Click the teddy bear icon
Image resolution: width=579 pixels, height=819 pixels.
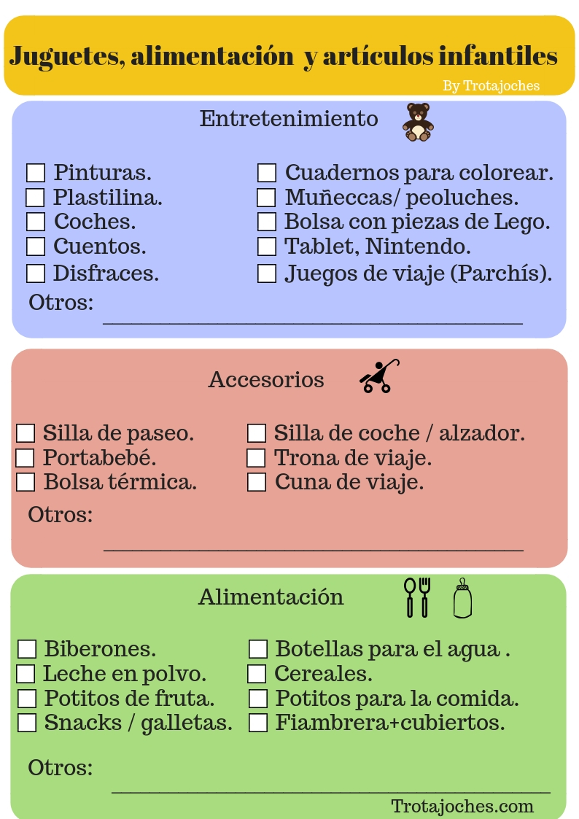coord(418,122)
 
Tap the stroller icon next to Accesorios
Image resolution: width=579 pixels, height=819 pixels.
coord(379,377)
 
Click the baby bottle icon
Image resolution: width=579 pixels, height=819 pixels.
coord(462,599)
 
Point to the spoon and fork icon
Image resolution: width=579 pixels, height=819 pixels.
coord(417,597)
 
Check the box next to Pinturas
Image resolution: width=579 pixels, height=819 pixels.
coord(36,173)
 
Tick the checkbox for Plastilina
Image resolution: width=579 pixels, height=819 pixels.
coord(35,198)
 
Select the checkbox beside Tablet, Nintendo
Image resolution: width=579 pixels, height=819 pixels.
coord(267,247)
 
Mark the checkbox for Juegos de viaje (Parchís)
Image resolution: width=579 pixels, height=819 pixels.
coord(267,273)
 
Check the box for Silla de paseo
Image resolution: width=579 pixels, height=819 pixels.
coord(26,433)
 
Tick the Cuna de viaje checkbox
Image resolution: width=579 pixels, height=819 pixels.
coord(257,482)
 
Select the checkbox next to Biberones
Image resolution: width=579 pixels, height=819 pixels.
coord(27,649)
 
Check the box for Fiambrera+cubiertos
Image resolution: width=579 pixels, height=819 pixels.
coord(258,723)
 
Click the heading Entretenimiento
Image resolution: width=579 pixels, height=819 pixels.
coord(289,119)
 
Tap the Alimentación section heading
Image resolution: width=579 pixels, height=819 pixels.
coord(271,597)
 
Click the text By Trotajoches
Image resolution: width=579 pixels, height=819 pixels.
coord(491,86)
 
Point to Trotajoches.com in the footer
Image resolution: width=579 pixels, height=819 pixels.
coord(462,806)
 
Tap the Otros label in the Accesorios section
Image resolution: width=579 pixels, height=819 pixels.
coord(61,515)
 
